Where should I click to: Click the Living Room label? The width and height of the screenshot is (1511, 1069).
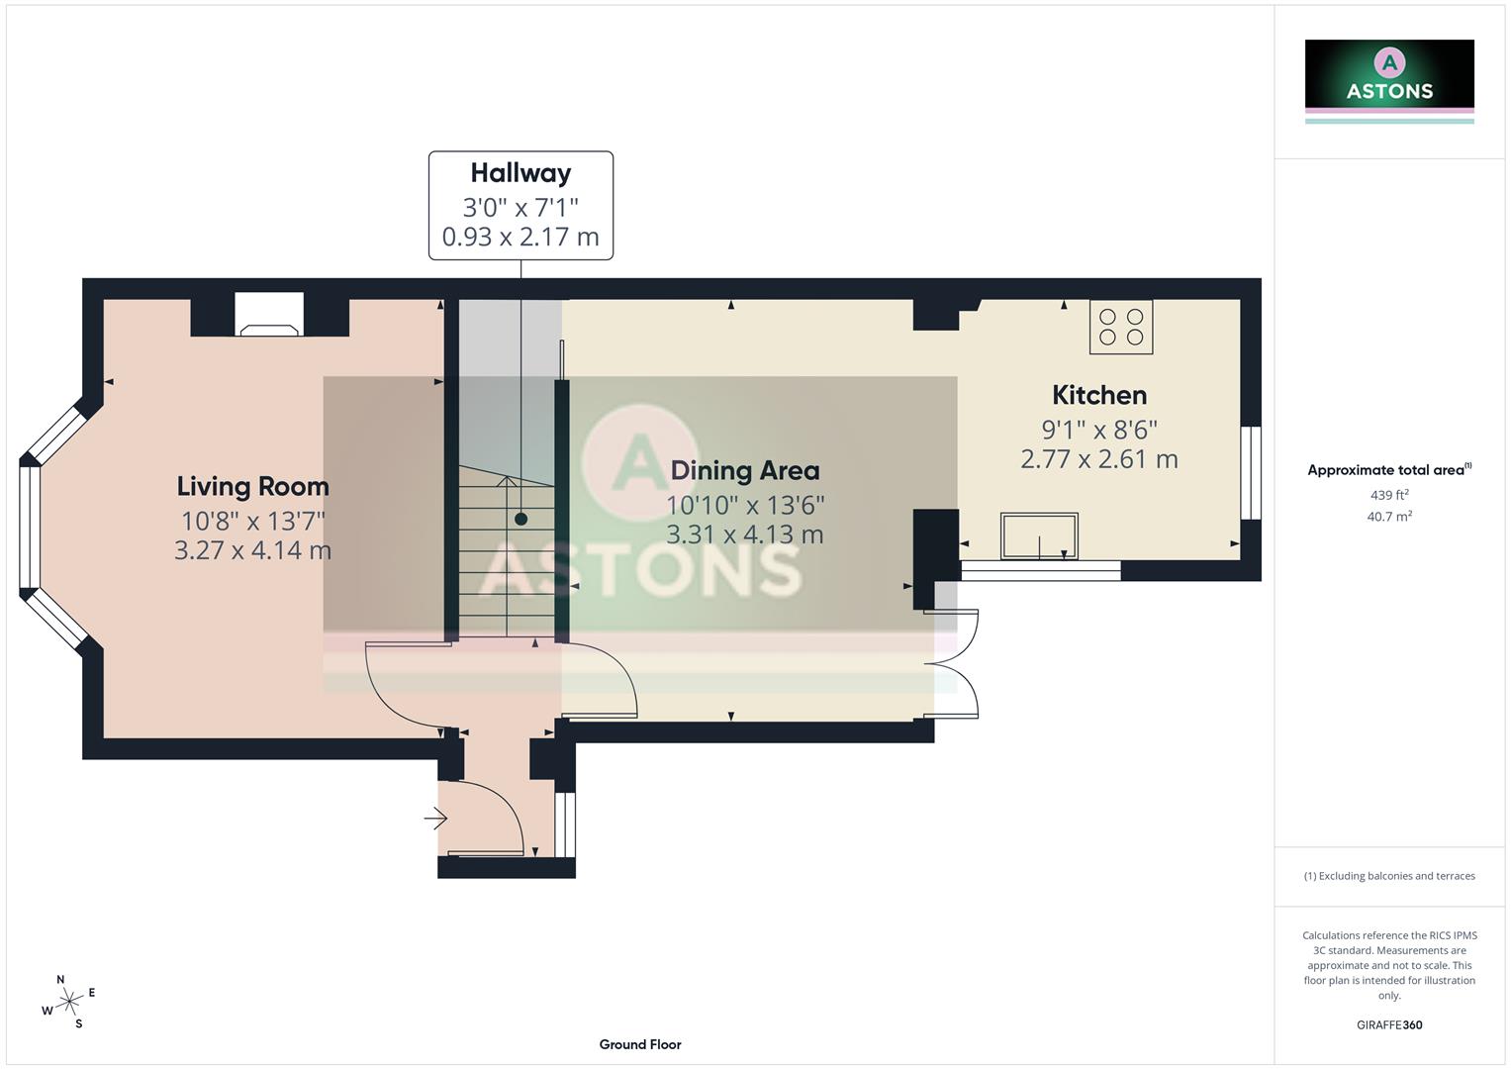coord(252,486)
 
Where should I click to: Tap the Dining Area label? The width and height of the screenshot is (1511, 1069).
coord(744,470)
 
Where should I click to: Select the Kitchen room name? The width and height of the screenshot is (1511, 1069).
coord(1098,395)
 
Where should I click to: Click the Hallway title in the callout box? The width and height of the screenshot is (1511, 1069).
coord(520,173)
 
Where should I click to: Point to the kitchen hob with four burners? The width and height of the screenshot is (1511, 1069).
coord(1121,327)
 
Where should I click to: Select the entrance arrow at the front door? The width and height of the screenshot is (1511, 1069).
coord(435,819)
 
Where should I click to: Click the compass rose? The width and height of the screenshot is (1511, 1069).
coord(68,1002)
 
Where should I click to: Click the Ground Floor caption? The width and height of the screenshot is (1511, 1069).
coord(639,1044)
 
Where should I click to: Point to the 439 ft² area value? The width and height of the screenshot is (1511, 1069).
coord(1388,495)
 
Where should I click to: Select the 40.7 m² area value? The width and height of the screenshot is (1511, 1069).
coord(1388,516)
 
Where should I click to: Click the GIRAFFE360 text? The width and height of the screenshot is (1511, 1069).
coord(1388,1024)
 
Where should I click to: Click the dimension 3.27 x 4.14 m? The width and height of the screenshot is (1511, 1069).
coord(252,550)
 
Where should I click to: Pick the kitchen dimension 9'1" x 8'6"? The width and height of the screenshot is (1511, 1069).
coord(1098,430)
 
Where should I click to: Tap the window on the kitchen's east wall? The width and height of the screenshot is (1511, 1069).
coord(1251,473)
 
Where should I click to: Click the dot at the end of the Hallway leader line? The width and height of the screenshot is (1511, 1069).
coord(520,519)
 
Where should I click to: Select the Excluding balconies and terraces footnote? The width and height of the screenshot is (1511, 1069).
coord(1388,876)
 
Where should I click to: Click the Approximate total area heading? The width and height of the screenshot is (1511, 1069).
coord(1388,470)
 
